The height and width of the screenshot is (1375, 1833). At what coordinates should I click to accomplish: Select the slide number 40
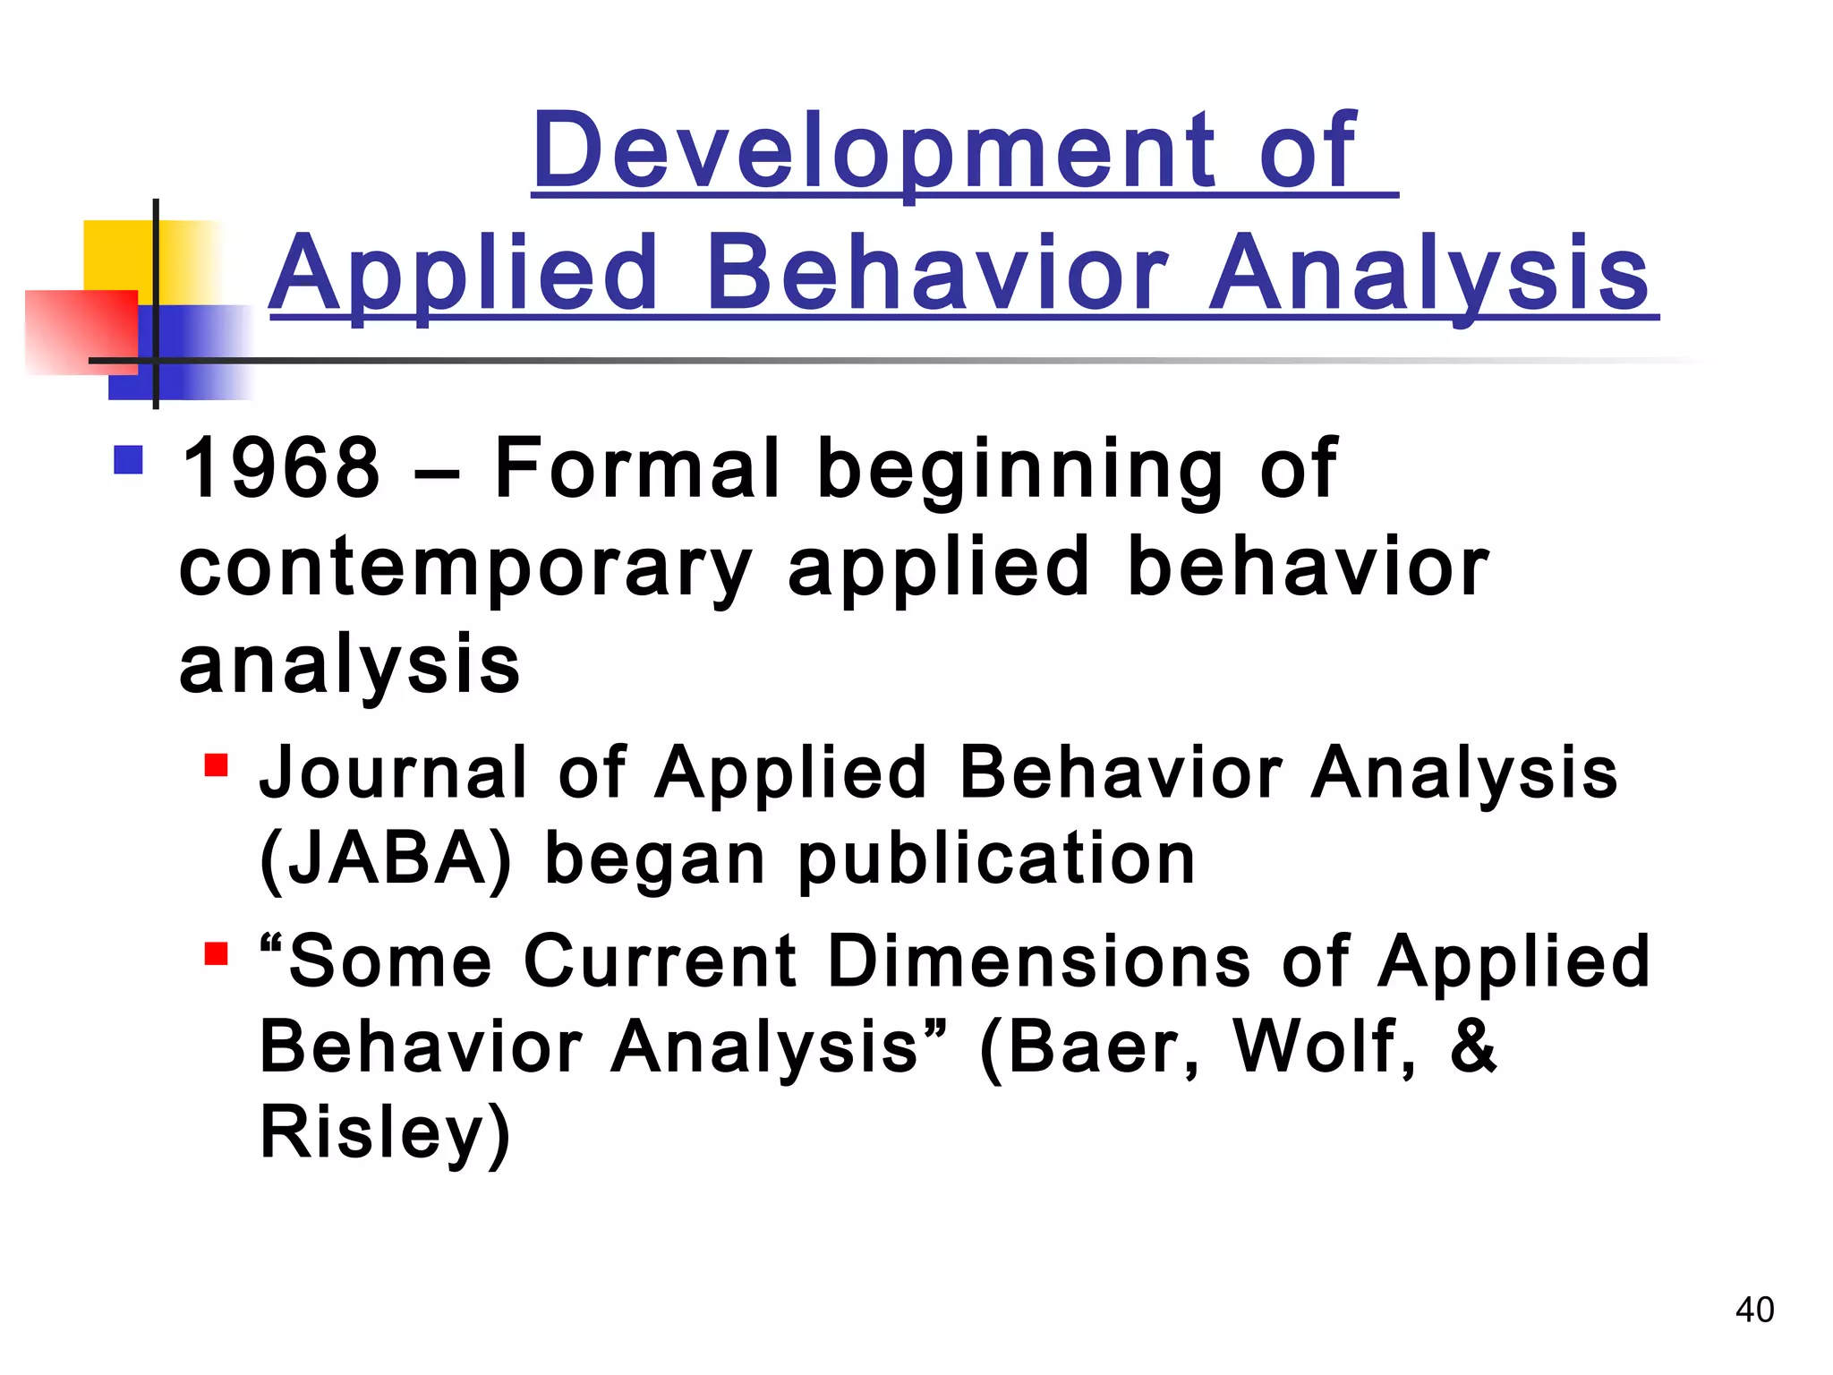pos(1754,1310)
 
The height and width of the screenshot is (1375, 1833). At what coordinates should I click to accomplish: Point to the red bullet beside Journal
pos(216,766)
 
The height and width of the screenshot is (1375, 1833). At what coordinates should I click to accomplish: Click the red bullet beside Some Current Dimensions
pos(216,953)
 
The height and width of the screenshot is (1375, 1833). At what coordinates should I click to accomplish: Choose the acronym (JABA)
pos(386,858)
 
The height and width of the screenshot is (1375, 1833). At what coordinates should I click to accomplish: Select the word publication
pos(996,858)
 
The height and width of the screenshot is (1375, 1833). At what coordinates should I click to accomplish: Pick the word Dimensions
pos(1039,961)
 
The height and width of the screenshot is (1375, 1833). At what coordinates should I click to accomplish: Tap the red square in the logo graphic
pos(81,331)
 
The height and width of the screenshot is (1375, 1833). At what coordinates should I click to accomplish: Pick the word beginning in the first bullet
pos(1019,470)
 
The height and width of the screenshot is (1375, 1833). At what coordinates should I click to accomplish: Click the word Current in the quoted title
pos(659,961)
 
